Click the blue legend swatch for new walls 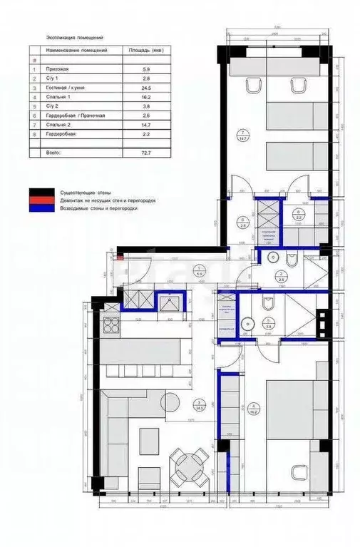pyautogui.click(x=41, y=209)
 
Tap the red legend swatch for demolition pyautogui.click(x=41, y=200)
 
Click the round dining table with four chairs pyautogui.click(x=190, y=467)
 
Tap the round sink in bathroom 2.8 pyautogui.click(x=274, y=257)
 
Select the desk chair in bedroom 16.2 pyautogui.click(x=297, y=470)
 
